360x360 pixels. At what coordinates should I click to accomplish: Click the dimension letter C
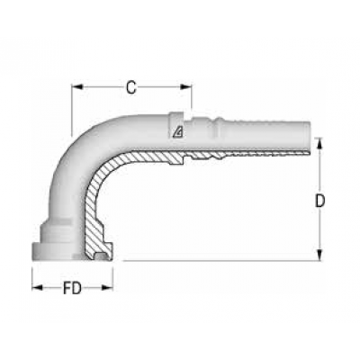tap(131, 87)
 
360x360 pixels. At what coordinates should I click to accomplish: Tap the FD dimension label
tap(73, 290)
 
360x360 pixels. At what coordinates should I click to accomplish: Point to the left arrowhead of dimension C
tap(76, 87)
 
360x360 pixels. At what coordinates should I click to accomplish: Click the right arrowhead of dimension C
tap(188, 87)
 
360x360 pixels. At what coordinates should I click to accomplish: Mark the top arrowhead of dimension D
tap(319, 142)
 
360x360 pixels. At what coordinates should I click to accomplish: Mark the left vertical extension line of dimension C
tap(72, 108)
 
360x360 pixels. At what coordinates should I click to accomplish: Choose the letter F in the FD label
tap(67, 290)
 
